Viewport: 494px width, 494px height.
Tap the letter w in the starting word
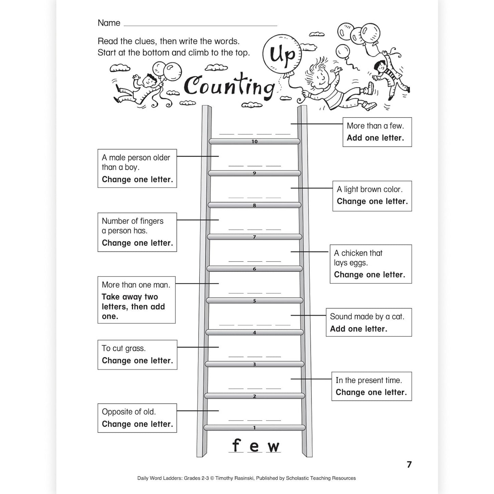coord(273,447)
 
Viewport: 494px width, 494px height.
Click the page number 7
coord(409,464)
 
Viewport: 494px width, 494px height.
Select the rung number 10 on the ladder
coord(254,142)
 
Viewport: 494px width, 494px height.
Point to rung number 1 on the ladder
coord(254,428)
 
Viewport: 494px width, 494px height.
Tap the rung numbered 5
coord(254,301)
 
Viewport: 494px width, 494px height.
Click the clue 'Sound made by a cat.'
coord(367,317)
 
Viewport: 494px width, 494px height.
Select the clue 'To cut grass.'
coord(123,348)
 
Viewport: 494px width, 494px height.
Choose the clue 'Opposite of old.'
coord(129,412)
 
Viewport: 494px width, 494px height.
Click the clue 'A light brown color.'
coord(370,189)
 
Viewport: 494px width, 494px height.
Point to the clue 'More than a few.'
coord(375,126)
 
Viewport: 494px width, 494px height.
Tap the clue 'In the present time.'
coord(369,380)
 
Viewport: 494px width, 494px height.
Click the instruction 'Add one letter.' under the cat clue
coord(358,329)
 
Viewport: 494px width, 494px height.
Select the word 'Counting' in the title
coord(228,86)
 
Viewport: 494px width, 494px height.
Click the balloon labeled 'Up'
coord(282,54)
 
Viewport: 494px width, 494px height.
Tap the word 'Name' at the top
coord(109,23)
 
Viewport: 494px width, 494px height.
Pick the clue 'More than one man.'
coord(136,285)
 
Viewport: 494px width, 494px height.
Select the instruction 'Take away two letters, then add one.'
coord(133,307)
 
